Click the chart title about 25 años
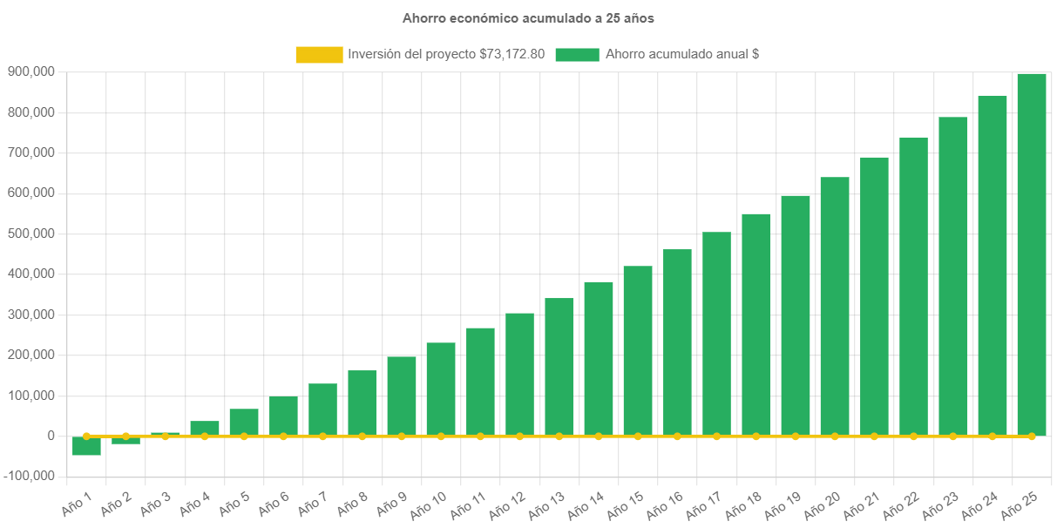[528, 17]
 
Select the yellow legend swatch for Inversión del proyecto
[319, 54]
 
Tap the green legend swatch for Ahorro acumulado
[577, 54]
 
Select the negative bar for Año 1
[86, 446]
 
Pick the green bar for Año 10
[441, 389]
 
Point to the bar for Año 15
[638, 350]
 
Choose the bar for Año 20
[835, 306]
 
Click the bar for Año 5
[244, 422]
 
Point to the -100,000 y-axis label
[29, 476]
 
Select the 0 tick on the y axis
[51, 436]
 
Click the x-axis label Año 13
[547, 504]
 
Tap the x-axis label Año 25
[1020, 504]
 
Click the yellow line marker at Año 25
[1032, 436]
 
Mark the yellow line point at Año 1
[86, 436]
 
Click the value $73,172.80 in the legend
[512, 54]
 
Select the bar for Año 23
[952, 276]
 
